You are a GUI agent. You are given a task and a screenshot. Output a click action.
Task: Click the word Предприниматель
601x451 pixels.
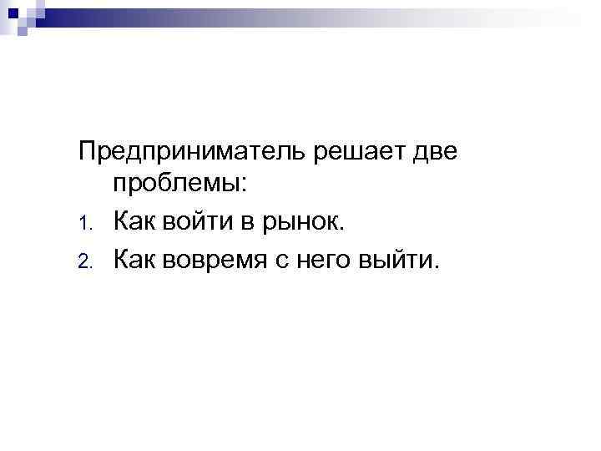point(192,154)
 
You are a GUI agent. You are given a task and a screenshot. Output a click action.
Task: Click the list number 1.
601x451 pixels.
point(84,225)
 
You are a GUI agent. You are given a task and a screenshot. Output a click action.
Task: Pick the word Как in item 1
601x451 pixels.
point(134,223)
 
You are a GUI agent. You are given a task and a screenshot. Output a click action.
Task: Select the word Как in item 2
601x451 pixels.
point(134,259)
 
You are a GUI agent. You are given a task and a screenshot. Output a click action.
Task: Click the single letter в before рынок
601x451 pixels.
point(249,224)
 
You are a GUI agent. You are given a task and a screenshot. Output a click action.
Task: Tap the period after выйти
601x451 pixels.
point(435,266)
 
